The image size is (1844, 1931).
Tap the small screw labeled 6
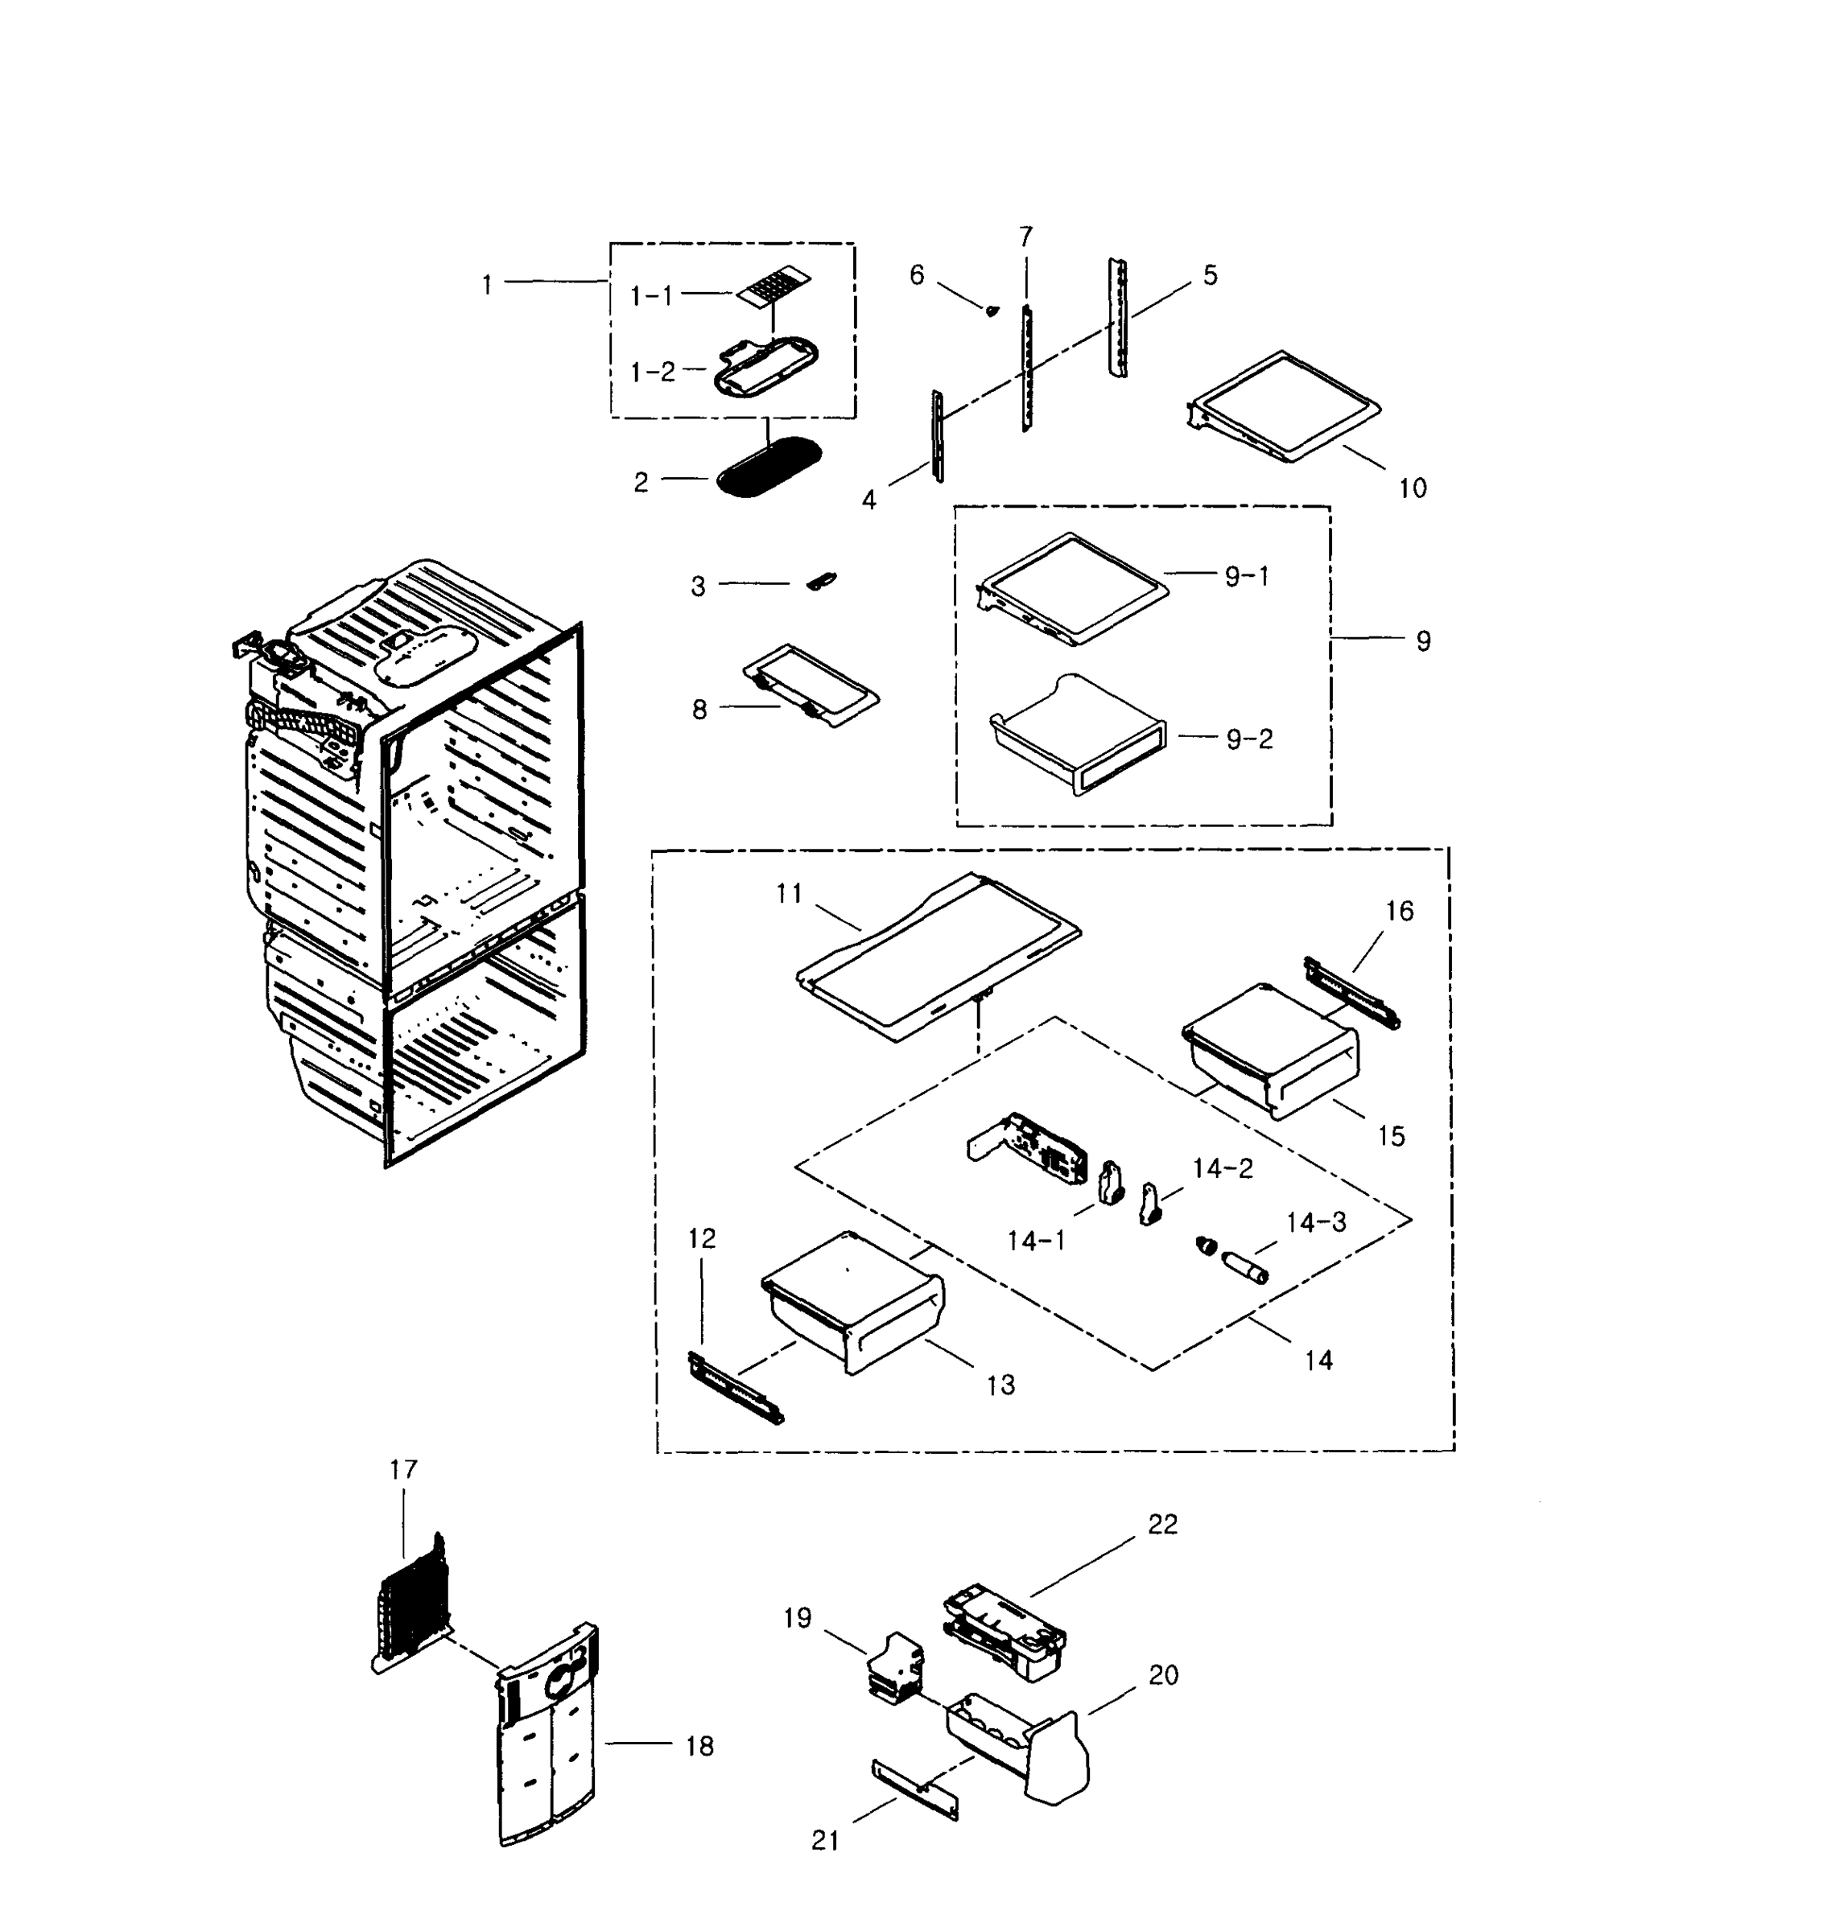992,311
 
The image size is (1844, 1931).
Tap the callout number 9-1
1247,576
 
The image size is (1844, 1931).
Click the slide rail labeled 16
1351,993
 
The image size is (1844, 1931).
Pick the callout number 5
1210,275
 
